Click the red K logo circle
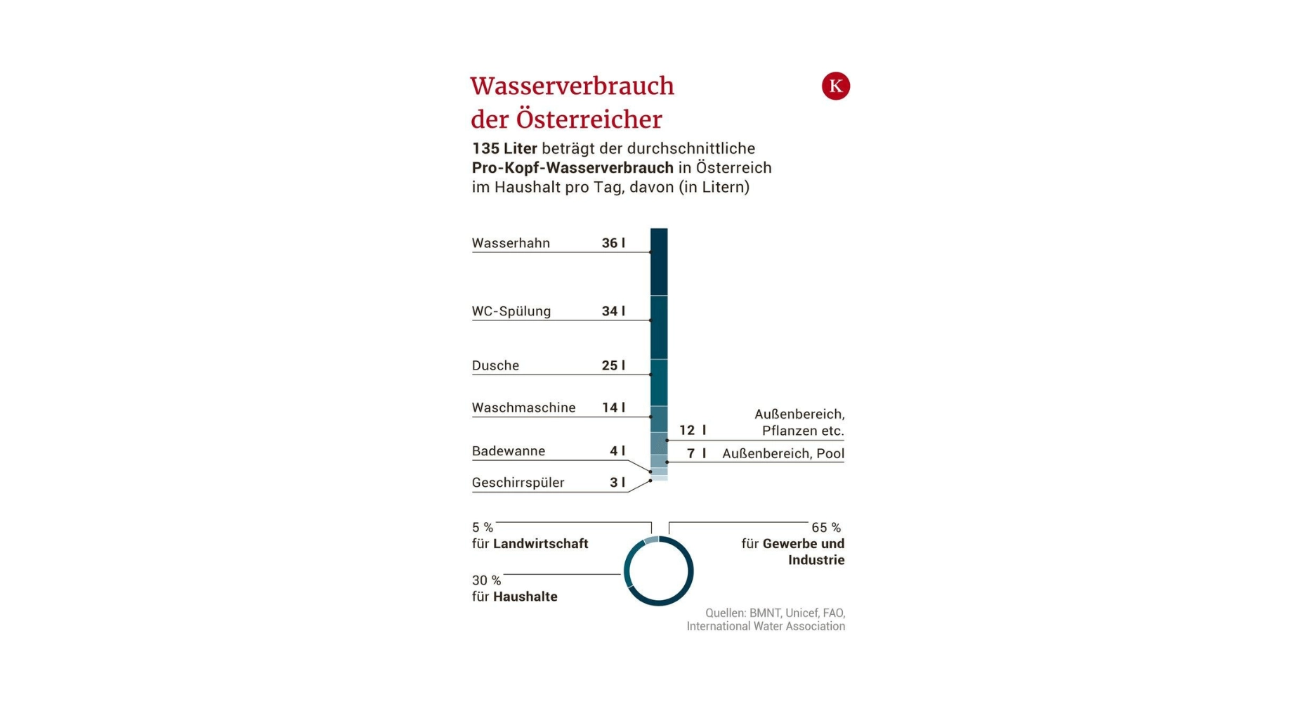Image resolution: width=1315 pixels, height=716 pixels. click(835, 86)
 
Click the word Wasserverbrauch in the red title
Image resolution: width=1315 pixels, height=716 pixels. click(572, 86)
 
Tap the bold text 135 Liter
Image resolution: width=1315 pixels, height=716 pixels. click(504, 148)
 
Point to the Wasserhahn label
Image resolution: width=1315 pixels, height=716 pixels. click(511, 243)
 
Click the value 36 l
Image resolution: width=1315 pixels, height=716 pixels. click(613, 243)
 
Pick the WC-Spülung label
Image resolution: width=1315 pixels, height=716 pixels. click(511, 311)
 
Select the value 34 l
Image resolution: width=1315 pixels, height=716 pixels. click(613, 311)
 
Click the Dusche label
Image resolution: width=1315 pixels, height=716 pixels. click(495, 365)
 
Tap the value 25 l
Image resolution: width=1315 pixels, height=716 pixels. click(613, 365)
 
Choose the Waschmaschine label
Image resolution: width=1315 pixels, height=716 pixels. click(523, 408)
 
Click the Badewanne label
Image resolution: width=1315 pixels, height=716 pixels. click(509, 451)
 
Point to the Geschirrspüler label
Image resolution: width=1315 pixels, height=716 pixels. click(518, 483)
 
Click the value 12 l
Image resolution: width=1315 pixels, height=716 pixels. click(692, 430)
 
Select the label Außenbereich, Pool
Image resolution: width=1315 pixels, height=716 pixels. click(783, 454)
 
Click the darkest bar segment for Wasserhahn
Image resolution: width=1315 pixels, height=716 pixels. click(658, 261)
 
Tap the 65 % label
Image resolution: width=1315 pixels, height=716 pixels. click(825, 528)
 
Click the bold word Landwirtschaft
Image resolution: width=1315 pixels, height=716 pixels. click(540, 544)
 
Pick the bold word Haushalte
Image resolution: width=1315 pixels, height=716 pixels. click(525, 597)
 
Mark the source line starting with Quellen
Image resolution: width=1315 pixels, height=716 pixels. click(774, 613)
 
